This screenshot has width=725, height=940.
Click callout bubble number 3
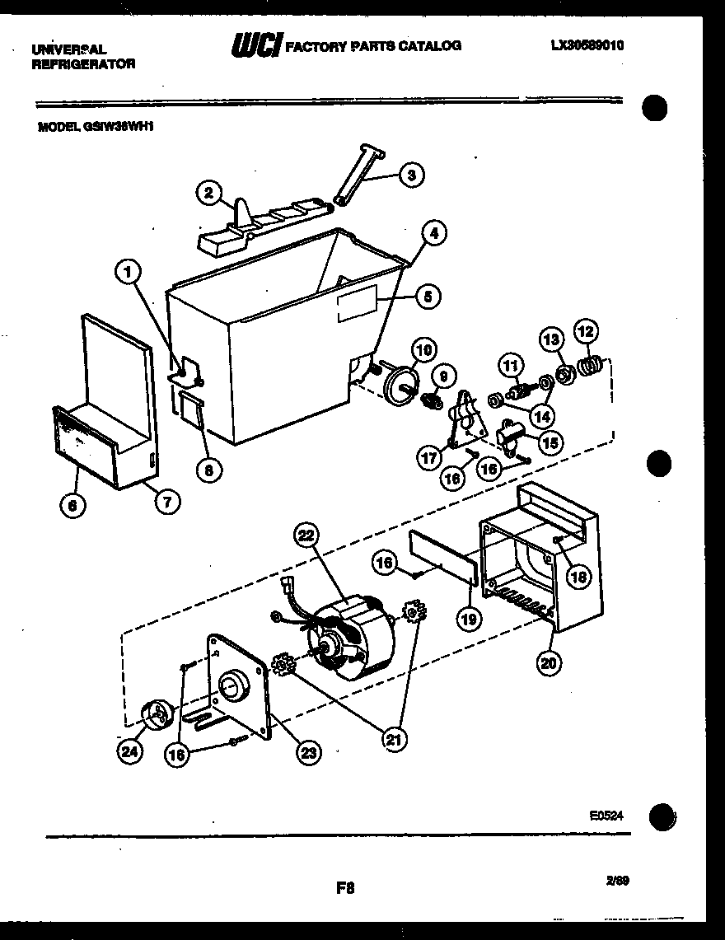pyautogui.click(x=412, y=175)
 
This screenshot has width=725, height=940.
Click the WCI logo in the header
pyautogui.click(x=256, y=46)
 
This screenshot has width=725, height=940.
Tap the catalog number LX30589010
pyautogui.click(x=587, y=45)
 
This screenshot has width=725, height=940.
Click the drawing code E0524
pyautogui.click(x=606, y=815)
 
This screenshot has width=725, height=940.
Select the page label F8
pyautogui.click(x=345, y=888)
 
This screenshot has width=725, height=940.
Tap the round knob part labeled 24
pyautogui.click(x=154, y=715)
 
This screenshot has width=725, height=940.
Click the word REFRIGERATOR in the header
pyautogui.click(x=82, y=63)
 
